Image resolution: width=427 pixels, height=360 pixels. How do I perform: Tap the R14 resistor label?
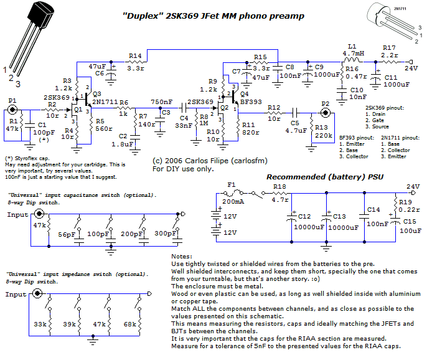click(135, 56)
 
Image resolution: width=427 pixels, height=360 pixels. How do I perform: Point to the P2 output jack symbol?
click(325, 113)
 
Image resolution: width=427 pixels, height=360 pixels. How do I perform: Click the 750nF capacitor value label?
click(162, 102)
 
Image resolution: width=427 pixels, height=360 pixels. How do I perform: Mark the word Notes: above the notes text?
click(181, 256)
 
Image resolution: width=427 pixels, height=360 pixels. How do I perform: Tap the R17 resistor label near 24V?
click(390, 48)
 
